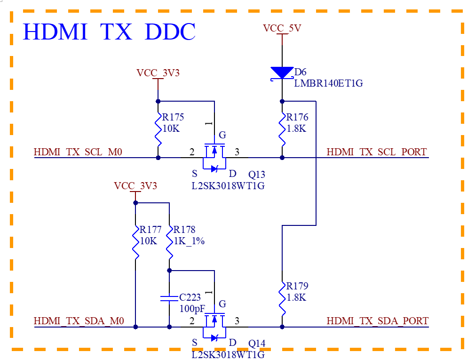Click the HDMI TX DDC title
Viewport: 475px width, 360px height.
[x=110, y=32]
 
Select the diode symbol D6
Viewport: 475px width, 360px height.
[x=282, y=73]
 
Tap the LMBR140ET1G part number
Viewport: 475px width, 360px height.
[x=328, y=83]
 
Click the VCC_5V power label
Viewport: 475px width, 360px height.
[x=282, y=28]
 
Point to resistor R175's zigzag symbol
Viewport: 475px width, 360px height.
[x=158, y=129]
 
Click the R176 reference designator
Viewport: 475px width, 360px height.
[x=297, y=117]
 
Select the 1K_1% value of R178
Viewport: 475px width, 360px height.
[x=189, y=241]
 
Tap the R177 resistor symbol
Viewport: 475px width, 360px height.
[x=135, y=242]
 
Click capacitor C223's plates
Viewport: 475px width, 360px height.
[x=169, y=298]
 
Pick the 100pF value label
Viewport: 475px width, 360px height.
[x=192, y=309]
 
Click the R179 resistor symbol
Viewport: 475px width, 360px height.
[x=282, y=298]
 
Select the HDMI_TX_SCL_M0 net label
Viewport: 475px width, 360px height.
[x=78, y=152]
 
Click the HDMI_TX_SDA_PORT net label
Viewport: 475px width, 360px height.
[x=378, y=320]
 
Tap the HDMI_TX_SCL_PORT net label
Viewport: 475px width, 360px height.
[x=377, y=152]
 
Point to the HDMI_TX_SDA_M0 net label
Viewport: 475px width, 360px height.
[x=79, y=320]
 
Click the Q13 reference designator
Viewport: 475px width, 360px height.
[x=257, y=174]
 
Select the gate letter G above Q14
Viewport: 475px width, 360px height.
[x=222, y=304]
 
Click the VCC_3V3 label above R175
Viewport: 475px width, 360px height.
[x=158, y=73]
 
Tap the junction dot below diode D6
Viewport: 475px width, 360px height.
[x=282, y=101]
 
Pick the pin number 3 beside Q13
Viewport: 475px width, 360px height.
[x=237, y=152]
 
